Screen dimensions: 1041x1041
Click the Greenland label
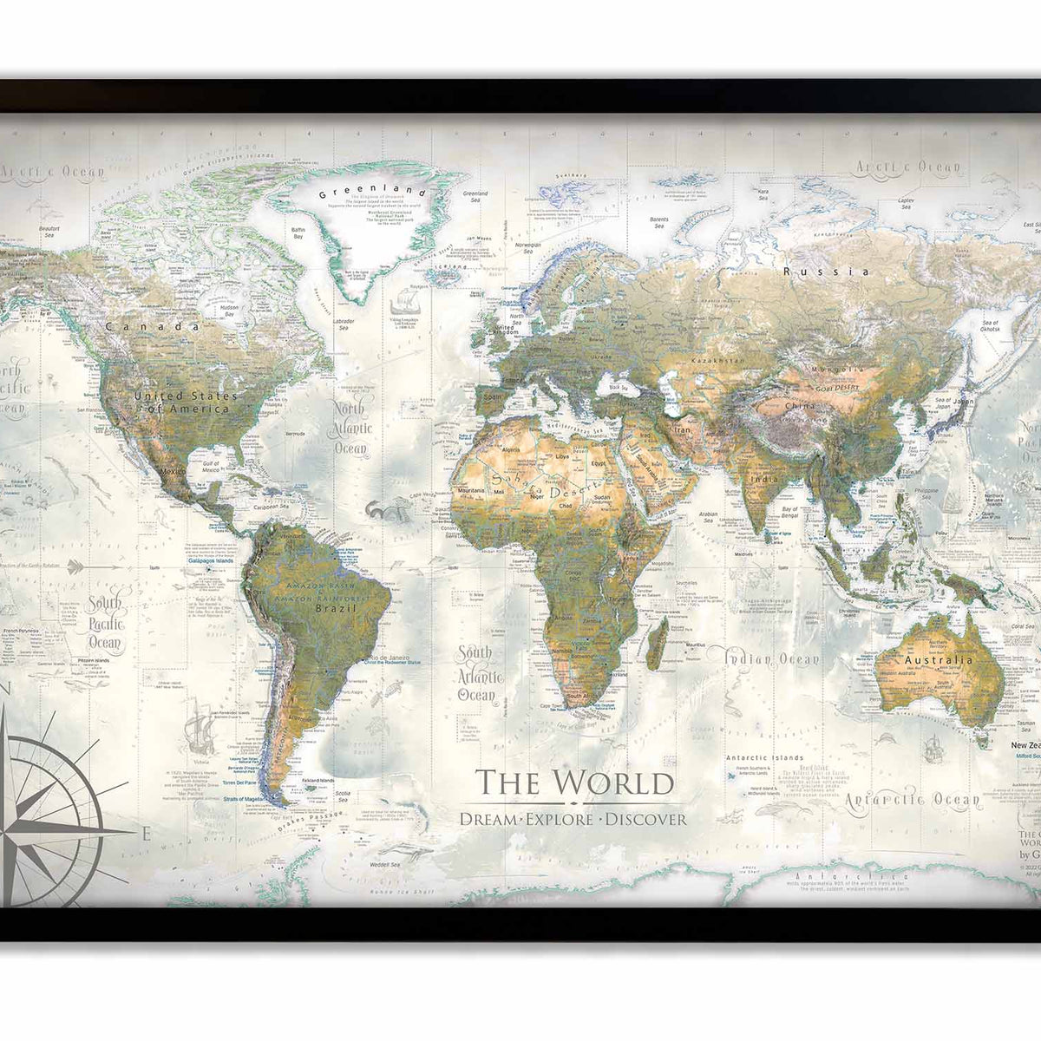[372, 193]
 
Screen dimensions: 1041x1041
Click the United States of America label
[181, 402]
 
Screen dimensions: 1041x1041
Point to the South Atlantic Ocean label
[476, 673]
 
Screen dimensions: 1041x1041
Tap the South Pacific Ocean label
[105, 623]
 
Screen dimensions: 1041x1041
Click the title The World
[576, 782]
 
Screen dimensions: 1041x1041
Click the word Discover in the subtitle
[645, 818]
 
